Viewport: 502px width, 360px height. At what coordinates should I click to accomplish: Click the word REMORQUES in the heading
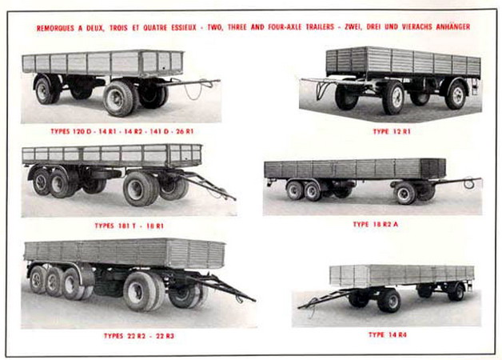55,28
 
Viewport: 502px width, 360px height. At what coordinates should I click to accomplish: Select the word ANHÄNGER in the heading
453,27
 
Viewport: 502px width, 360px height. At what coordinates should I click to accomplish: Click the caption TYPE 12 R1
392,132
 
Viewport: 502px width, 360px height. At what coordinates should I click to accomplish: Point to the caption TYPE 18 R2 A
376,225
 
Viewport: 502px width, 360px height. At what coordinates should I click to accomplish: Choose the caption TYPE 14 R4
388,335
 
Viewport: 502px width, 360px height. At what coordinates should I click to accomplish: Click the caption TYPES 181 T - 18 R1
129,226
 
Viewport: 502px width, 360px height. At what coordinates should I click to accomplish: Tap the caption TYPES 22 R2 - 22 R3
139,336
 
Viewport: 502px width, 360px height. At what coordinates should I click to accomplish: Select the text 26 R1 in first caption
185,131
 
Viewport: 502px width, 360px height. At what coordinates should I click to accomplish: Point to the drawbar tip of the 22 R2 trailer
254,301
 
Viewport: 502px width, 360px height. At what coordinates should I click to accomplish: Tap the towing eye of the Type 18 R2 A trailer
468,184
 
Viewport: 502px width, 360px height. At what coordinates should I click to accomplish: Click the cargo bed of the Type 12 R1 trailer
404,62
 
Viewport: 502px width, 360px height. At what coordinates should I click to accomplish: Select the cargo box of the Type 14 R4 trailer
402,275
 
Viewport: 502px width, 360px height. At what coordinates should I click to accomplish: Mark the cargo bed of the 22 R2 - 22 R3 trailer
125,253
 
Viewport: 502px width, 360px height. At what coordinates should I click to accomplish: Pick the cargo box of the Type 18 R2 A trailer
355,169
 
